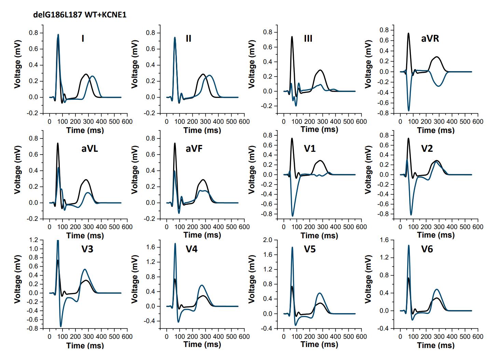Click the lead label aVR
(x=430, y=39)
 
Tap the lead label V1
(x=310, y=149)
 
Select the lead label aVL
(x=89, y=149)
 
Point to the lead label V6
(x=427, y=249)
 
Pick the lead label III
(x=308, y=39)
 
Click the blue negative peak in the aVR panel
(x=409, y=110)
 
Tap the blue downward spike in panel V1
(x=292, y=216)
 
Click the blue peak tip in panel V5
(x=292, y=247)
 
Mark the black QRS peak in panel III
(x=292, y=37)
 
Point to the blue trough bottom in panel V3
(x=61, y=326)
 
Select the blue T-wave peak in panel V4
(x=202, y=285)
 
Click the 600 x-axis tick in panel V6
(x=478, y=337)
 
